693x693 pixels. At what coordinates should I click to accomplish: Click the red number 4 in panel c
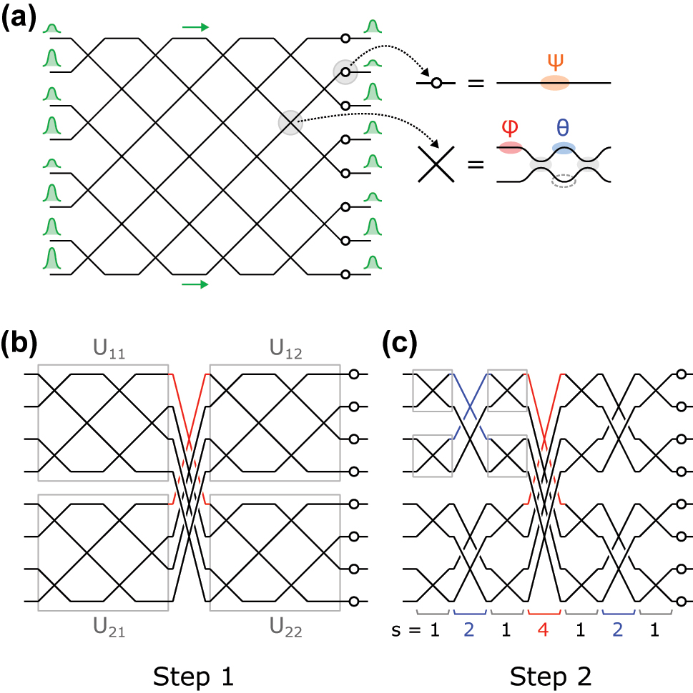[546, 632]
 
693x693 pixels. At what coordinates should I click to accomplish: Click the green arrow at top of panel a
[195, 27]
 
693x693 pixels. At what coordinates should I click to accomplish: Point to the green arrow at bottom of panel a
[195, 284]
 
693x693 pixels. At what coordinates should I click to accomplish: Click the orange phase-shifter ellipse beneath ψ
[555, 82]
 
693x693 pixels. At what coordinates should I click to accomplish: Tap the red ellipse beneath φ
[510, 146]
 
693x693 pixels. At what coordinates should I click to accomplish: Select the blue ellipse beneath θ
[564, 148]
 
